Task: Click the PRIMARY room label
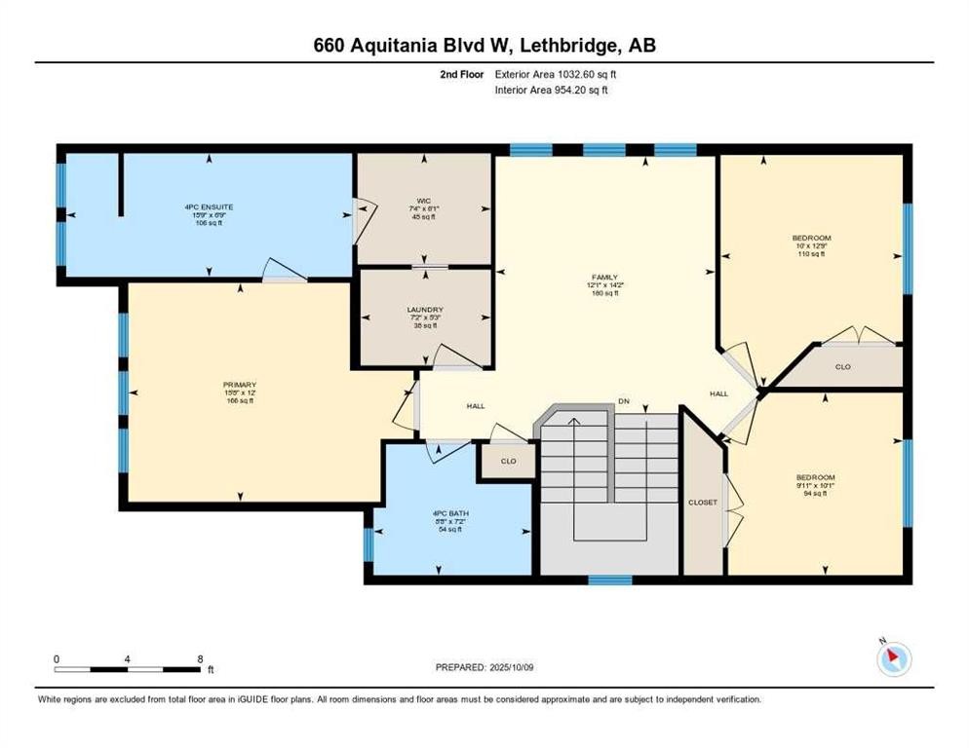click(x=239, y=385)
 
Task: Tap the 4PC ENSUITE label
click(x=208, y=207)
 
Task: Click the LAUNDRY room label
click(x=425, y=310)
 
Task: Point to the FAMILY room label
click(x=604, y=277)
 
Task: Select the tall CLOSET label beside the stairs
click(x=702, y=503)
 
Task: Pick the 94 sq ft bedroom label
click(x=814, y=477)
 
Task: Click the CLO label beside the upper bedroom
click(x=844, y=367)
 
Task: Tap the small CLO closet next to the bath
click(x=507, y=462)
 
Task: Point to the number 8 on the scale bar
click(x=200, y=658)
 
